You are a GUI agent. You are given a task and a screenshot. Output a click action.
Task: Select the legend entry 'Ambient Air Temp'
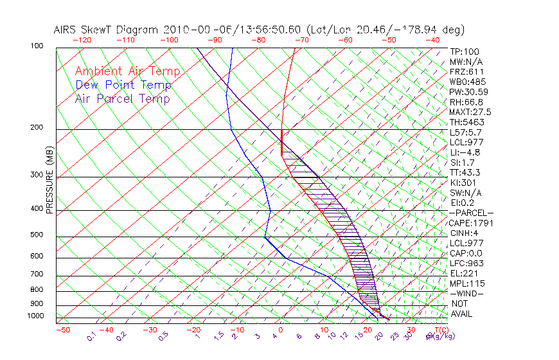(127, 71)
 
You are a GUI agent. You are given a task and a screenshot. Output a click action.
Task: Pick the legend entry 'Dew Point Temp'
(123, 85)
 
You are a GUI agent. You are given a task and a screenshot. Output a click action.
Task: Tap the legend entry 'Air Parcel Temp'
(122, 98)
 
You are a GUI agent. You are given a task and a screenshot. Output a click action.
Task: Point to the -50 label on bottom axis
(63, 330)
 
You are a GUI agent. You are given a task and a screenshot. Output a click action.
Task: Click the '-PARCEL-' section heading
(471, 213)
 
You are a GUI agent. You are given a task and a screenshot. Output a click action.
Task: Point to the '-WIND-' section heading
(467, 293)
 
